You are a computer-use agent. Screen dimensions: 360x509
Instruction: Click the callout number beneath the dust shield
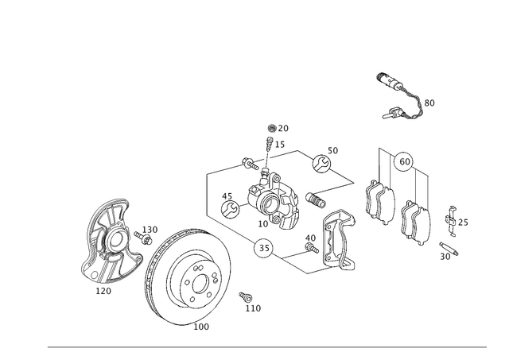(103, 291)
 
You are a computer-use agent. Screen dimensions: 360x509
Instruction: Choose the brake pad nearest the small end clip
(416, 223)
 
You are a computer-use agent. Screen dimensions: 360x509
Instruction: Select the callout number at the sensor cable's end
(429, 102)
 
